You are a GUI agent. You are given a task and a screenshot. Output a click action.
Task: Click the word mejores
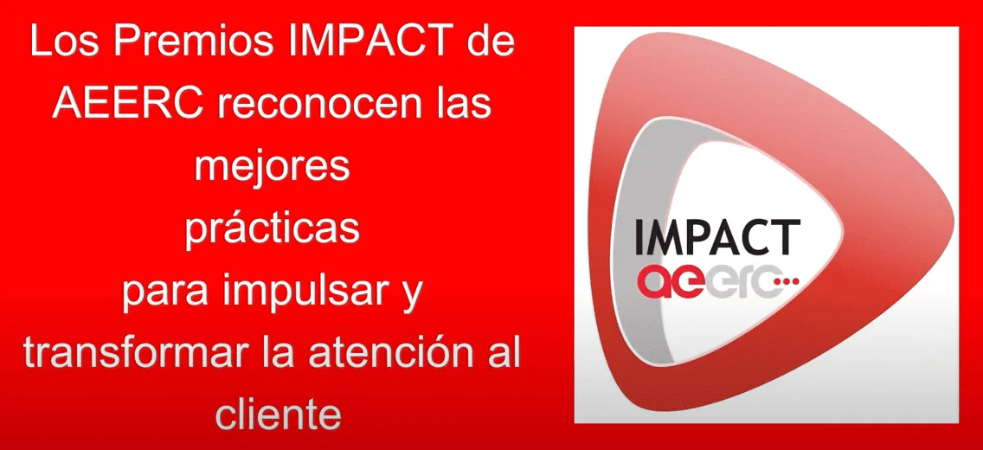click(272, 167)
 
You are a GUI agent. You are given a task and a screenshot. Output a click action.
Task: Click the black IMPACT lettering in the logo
click(717, 237)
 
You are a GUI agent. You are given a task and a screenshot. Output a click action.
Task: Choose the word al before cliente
click(504, 354)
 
